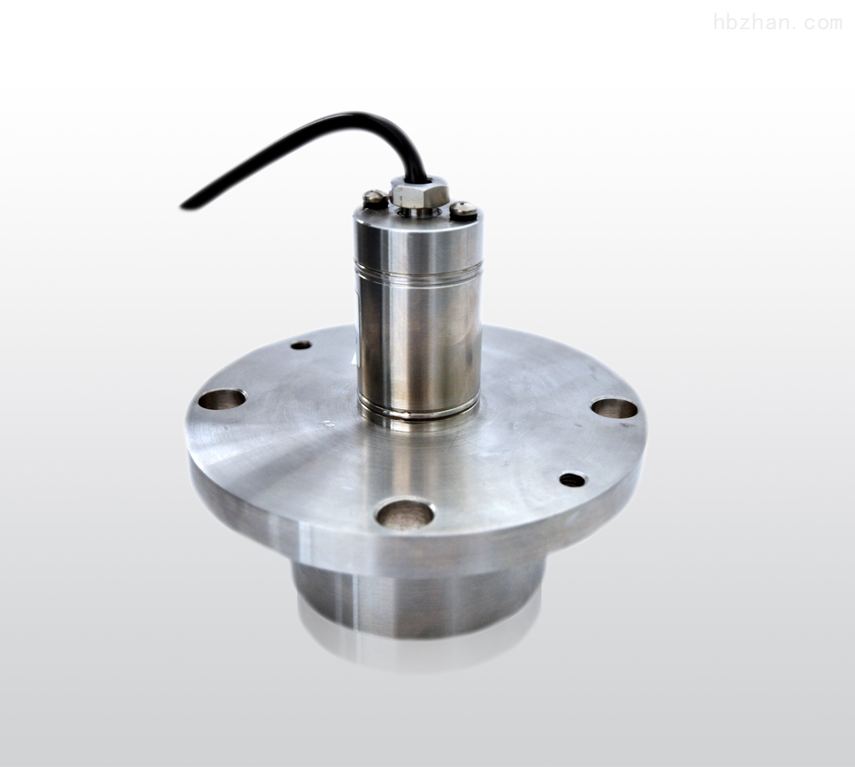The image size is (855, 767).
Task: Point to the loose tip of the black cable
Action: point(183,206)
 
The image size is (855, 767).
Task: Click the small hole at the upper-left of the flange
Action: point(301,346)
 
